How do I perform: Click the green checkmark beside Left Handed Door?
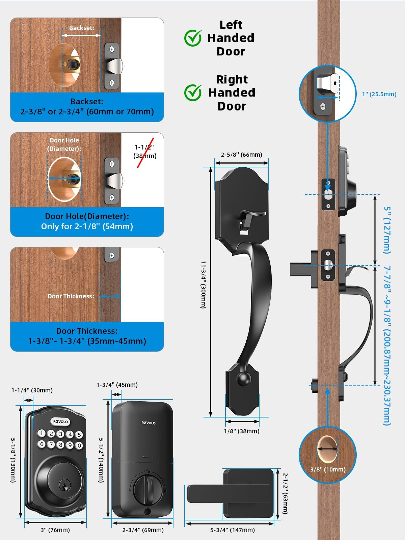coord(193,38)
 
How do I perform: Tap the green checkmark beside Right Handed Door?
coord(193,92)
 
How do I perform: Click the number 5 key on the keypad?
coord(79,435)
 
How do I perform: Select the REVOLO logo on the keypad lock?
coord(60,422)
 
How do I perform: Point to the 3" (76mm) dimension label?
coord(55,530)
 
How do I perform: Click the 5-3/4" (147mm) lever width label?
coord(232,530)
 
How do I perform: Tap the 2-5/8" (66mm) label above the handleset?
coord(241,155)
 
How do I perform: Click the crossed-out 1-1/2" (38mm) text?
coord(145,151)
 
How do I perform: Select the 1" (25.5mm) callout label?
coord(379,94)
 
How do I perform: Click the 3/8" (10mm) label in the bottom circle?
coord(328,469)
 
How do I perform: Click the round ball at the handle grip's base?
coord(242,379)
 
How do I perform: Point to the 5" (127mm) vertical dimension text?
coord(387,230)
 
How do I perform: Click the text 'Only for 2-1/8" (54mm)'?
coord(87,226)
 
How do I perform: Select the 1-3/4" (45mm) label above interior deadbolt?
coord(117,385)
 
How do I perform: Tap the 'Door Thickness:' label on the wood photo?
coord(71,296)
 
